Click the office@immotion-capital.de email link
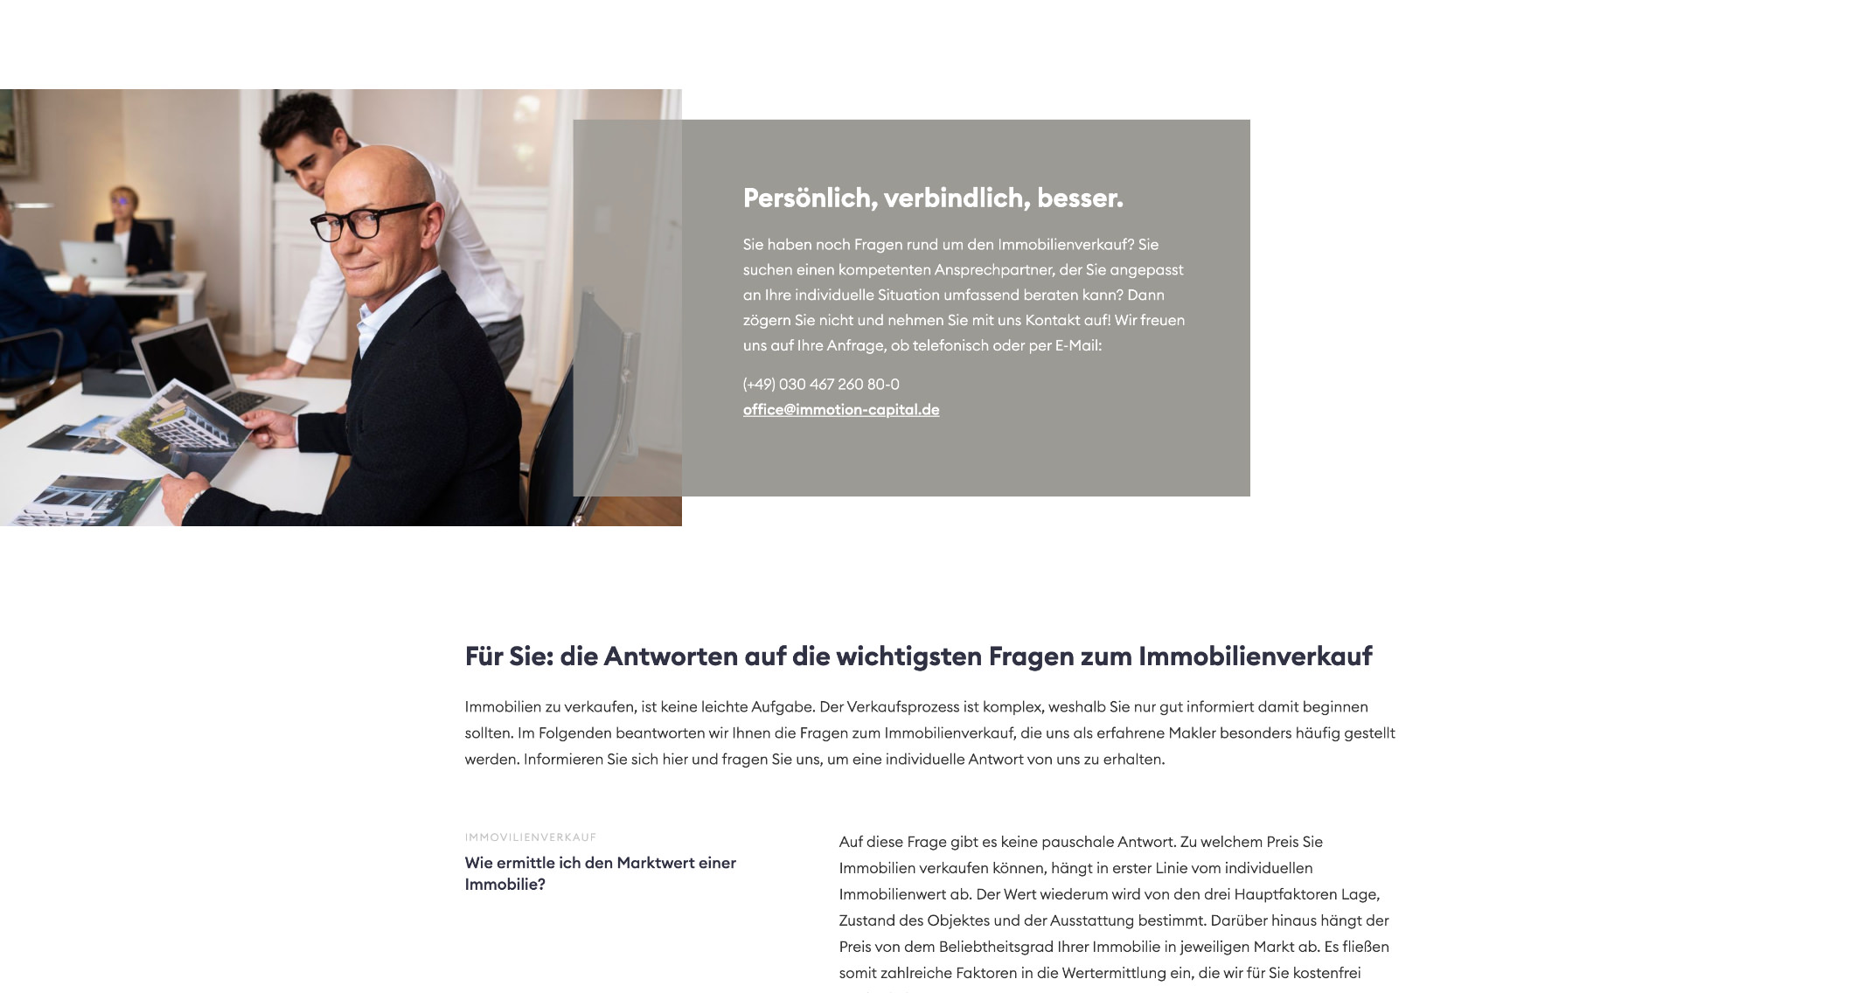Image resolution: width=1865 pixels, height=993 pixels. pos(841,410)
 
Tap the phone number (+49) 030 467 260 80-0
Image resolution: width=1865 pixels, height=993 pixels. pos(821,385)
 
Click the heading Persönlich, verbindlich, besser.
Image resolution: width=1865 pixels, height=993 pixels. pos(933,198)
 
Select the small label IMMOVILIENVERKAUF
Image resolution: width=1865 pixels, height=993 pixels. pos(531,837)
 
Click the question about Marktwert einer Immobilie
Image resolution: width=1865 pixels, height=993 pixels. pos(600,873)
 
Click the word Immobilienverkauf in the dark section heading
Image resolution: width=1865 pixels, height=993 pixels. pos(1255,656)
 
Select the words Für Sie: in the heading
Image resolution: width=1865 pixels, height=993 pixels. pos(509,656)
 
